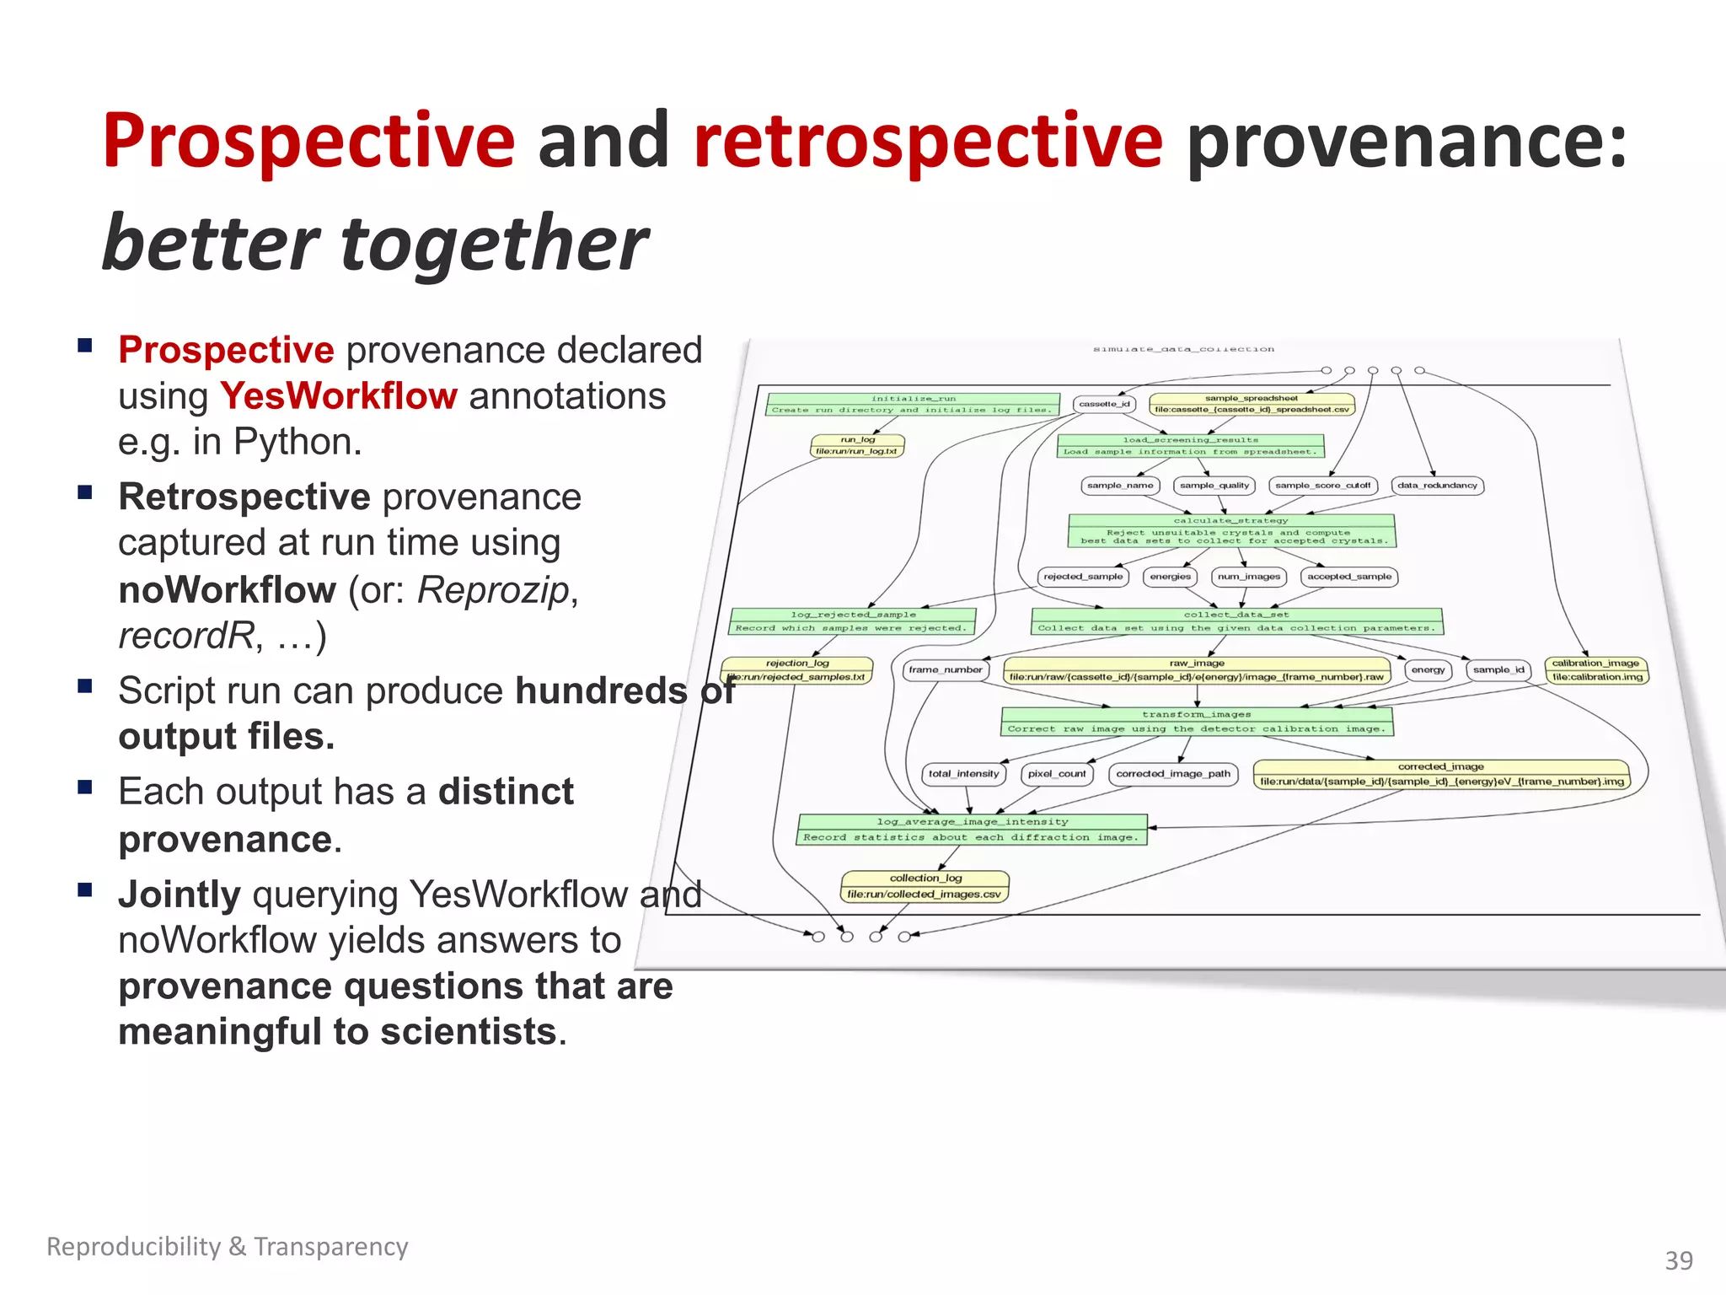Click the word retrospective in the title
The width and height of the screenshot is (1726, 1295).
[x=927, y=142]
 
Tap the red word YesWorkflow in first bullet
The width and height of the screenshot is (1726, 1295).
[x=338, y=396]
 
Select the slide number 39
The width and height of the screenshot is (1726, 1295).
[x=1678, y=1260]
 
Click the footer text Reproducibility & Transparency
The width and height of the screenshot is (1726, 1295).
[x=227, y=1246]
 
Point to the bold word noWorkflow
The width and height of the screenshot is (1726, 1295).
[x=227, y=590]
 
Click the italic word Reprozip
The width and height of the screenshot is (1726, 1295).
[x=493, y=590]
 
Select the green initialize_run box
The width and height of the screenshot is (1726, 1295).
[x=913, y=404]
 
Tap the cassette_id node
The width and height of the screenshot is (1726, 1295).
[x=1104, y=404]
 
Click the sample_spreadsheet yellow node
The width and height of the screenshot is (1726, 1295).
[x=1252, y=404]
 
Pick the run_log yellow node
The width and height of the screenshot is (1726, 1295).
[x=857, y=445]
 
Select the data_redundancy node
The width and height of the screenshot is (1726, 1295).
[x=1437, y=486]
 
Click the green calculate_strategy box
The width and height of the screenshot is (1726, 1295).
[x=1230, y=531]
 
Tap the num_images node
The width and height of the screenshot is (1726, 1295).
[x=1248, y=577]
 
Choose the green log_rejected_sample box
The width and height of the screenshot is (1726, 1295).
[x=852, y=621]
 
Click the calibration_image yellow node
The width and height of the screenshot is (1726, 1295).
[x=1596, y=670]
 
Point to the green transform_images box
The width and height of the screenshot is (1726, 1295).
[x=1197, y=722]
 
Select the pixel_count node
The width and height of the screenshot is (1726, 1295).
[x=1057, y=773]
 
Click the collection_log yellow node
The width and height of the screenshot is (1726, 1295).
[x=925, y=886]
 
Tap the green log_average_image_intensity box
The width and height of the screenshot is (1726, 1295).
[x=972, y=830]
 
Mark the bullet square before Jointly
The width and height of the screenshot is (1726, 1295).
[x=85, y=890]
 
